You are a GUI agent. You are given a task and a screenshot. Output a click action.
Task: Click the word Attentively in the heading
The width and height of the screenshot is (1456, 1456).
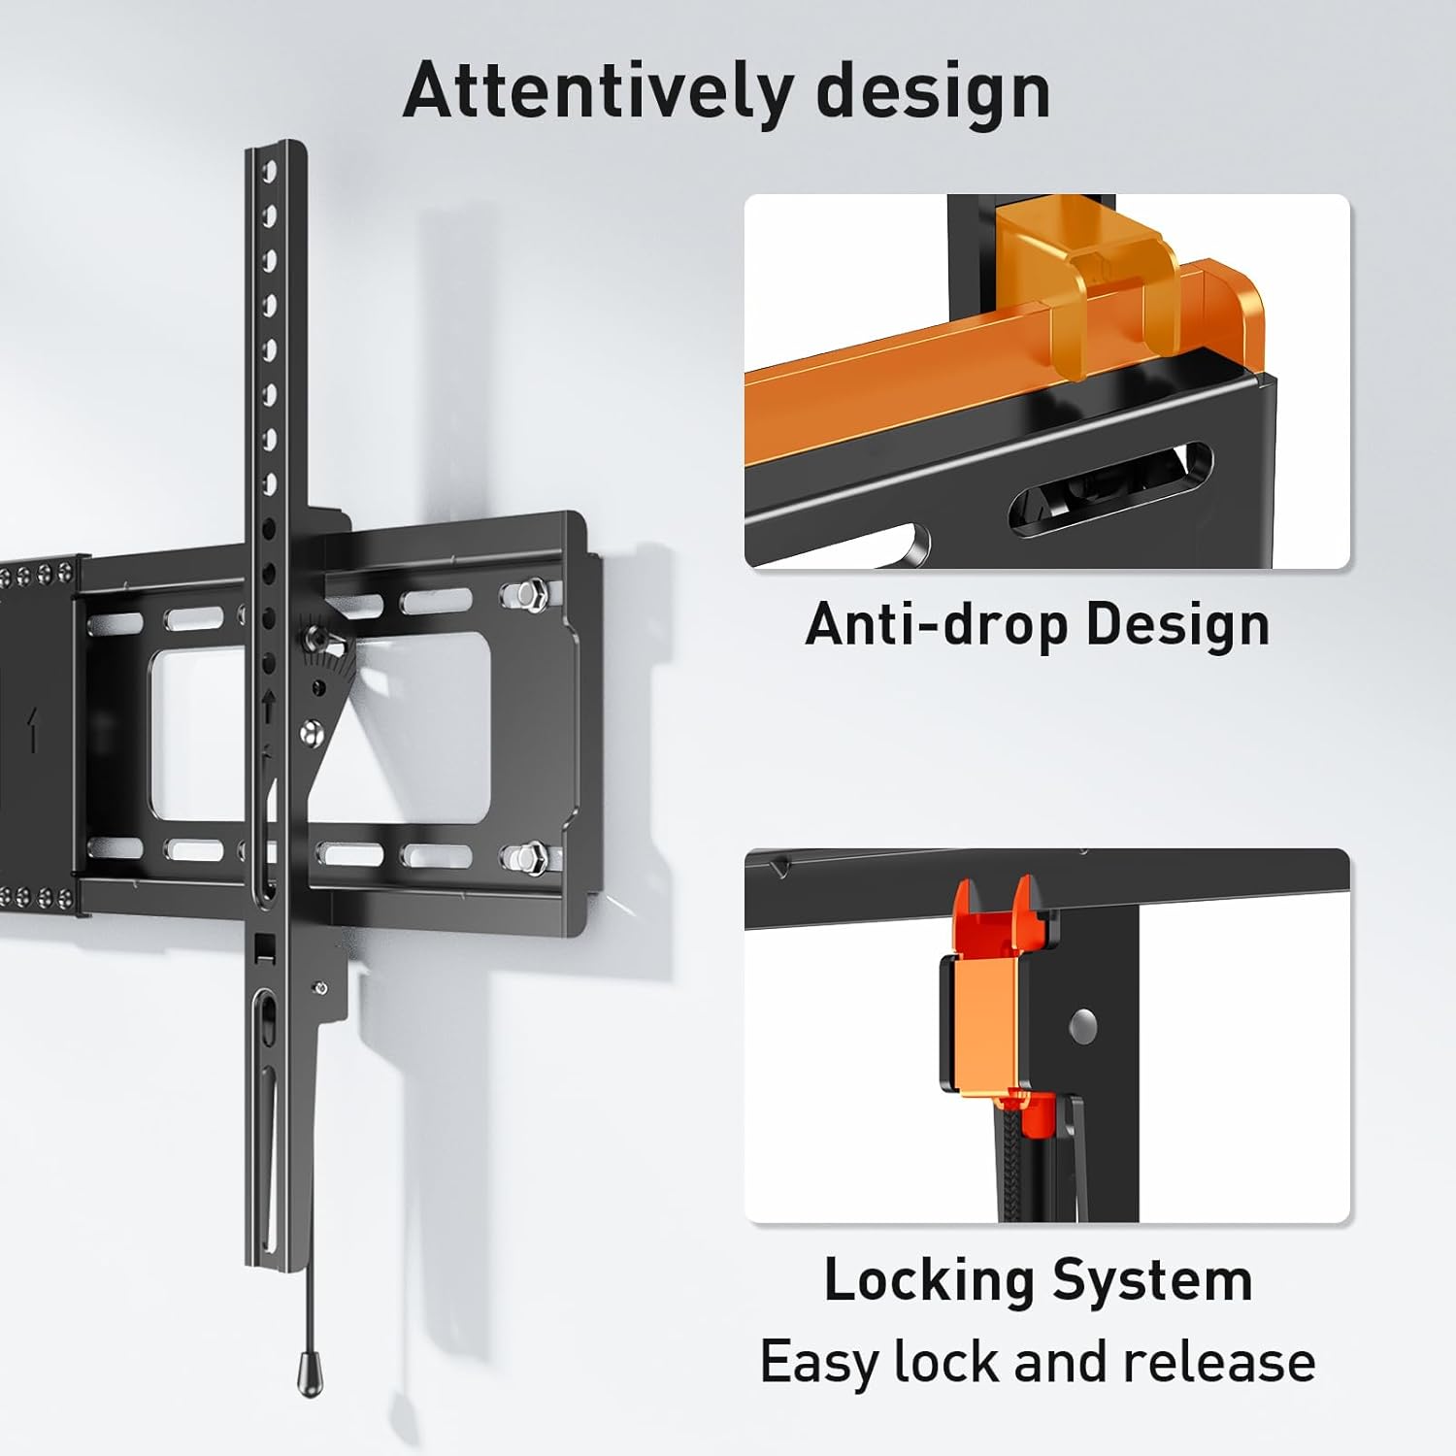pyautogui.click(x=597, y=90)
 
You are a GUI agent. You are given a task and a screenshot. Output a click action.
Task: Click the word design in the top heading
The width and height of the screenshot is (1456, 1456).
pyautogui.click(x=934, y=93)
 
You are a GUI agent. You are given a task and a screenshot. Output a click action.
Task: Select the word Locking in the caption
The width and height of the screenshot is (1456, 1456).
pyautogui.click(x=929, y=1281)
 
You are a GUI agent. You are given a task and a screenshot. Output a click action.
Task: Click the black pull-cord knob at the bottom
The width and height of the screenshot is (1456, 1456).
pyautogui.click(x=309, y=1372)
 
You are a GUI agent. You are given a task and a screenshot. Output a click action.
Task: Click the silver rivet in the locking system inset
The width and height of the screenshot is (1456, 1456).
pyautogui.click(x=1082, y=1022)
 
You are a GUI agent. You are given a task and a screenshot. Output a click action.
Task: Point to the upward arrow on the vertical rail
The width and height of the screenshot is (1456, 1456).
pyautogui.click(x=268, y=706)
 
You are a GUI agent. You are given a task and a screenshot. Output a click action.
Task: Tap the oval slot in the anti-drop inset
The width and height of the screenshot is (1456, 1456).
pyautogui.click(x=1111, y=489)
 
